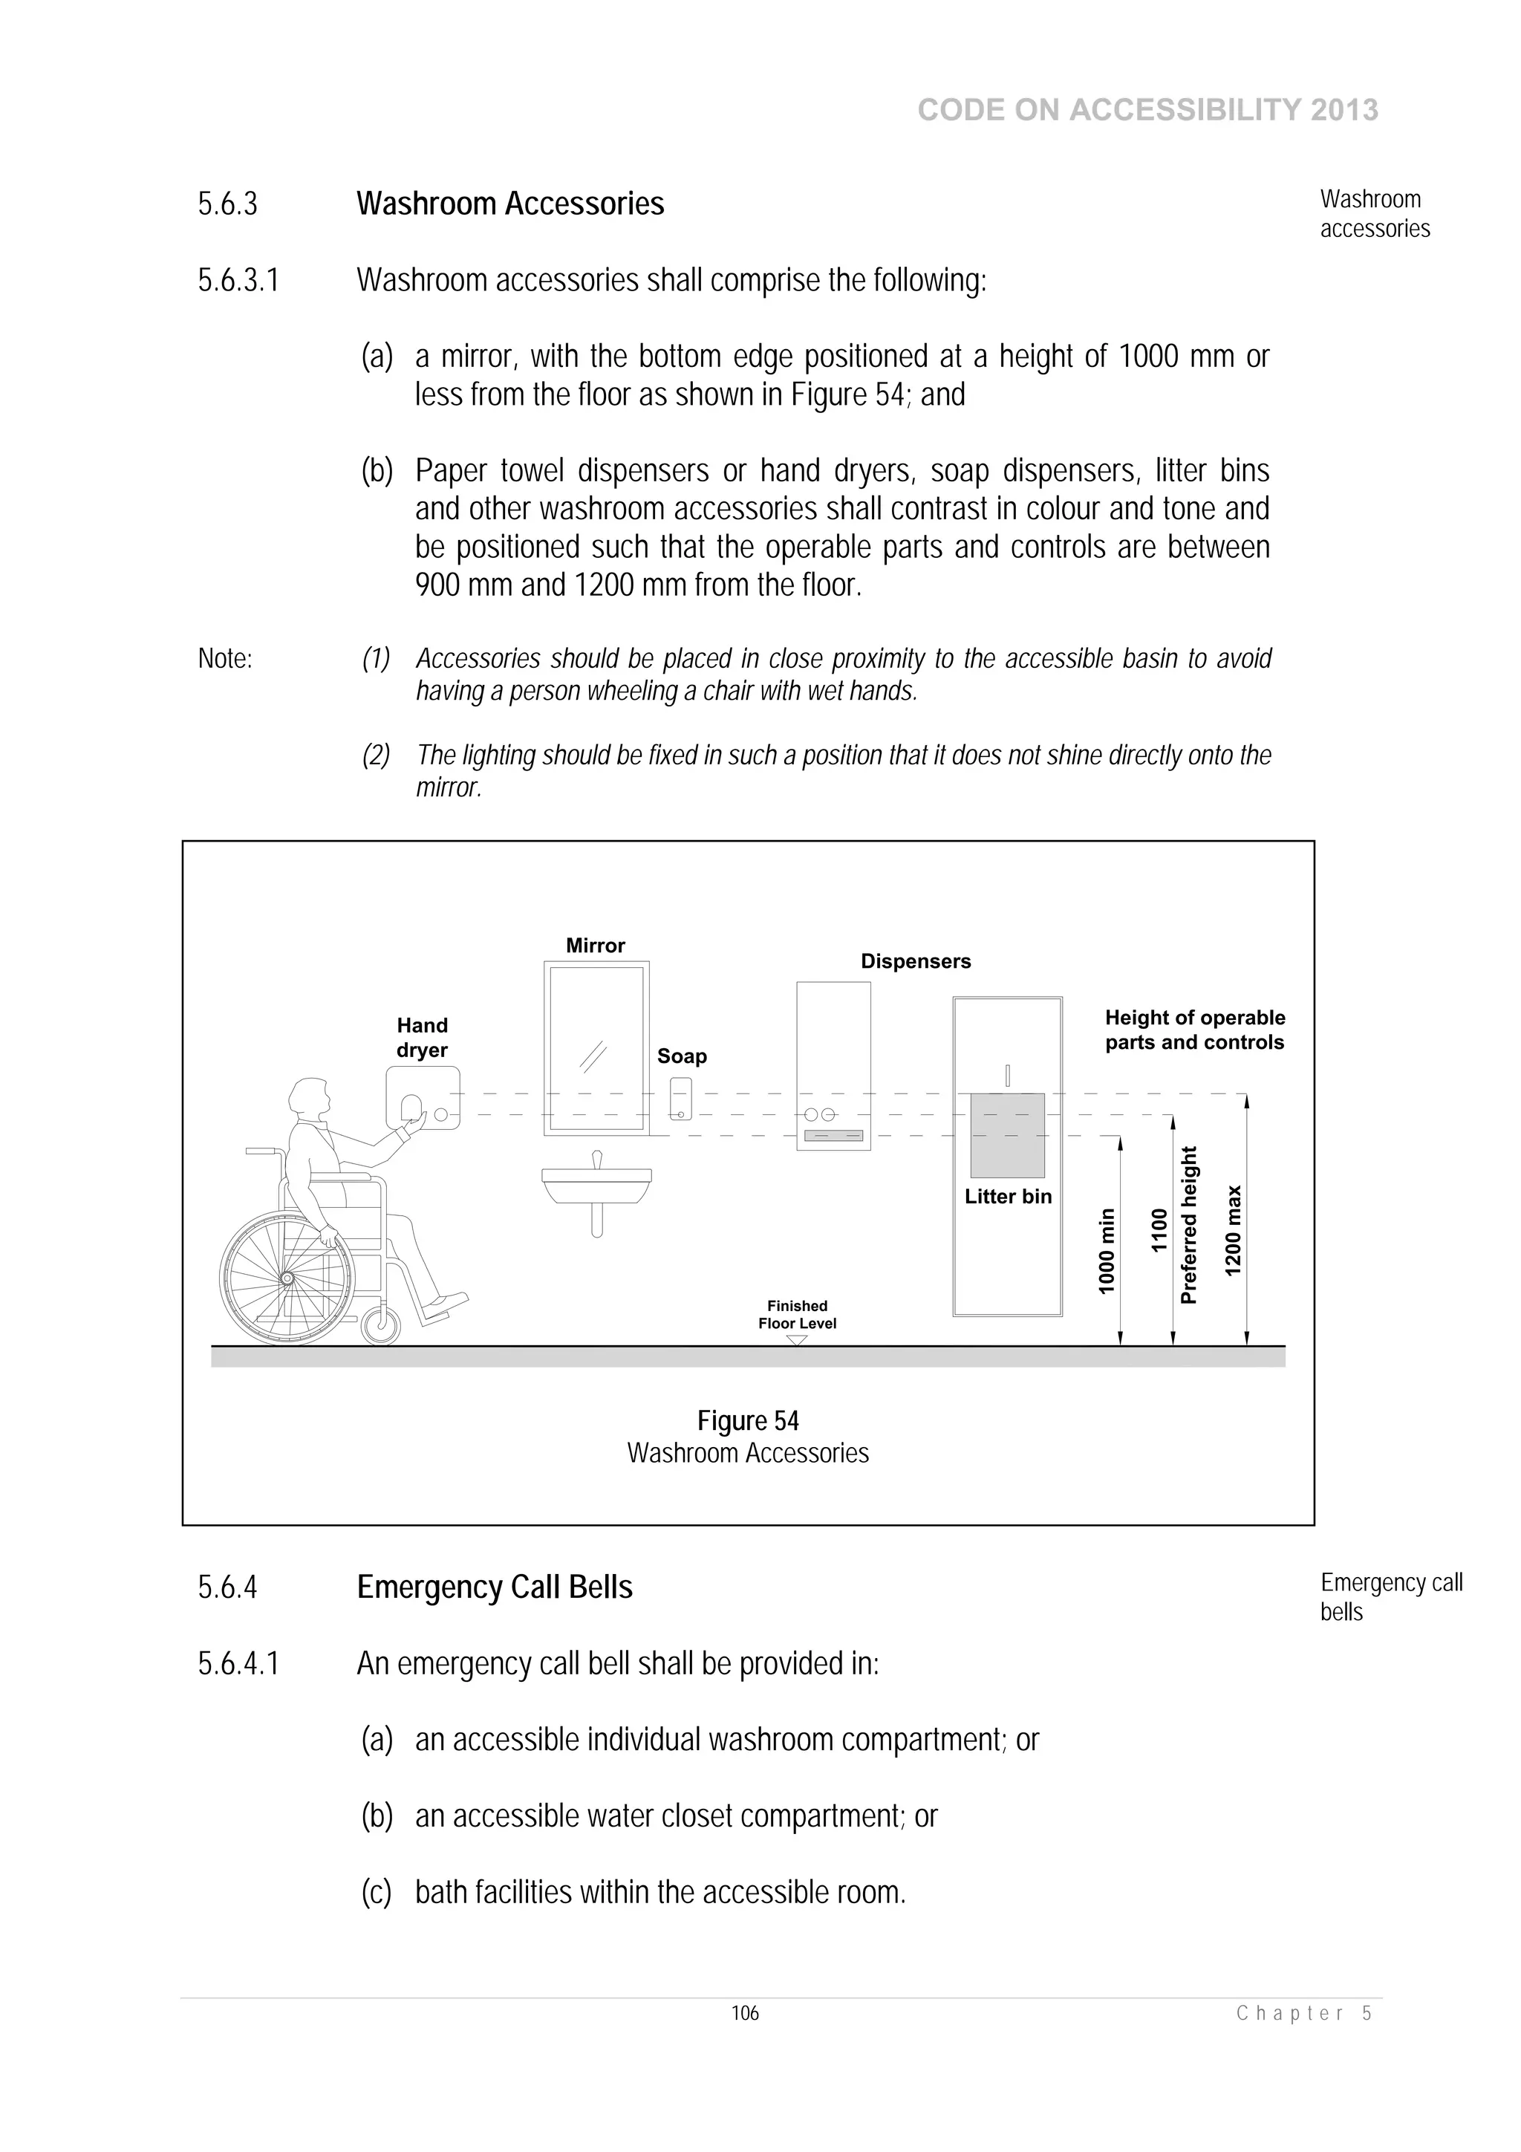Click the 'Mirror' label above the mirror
(x=595, y=946)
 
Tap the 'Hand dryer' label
(x=422, y=1038)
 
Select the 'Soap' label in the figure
(x=681, y=1056)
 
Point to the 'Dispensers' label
(x=916, y=962)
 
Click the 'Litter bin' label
(x=1008, y=1197)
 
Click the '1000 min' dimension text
(x=1107, y=1252)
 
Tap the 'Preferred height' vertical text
(x=1188, y=1225)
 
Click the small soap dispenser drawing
(x=681, y=1099)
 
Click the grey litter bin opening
(x=1008, y=1135)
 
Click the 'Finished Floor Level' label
(x=797, y=1315)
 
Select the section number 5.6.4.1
(x=238, y=1664)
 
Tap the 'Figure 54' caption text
(x=748, y=1421)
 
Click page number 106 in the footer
(x=745, y=2012)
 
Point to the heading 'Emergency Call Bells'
(x=494, y=1587)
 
